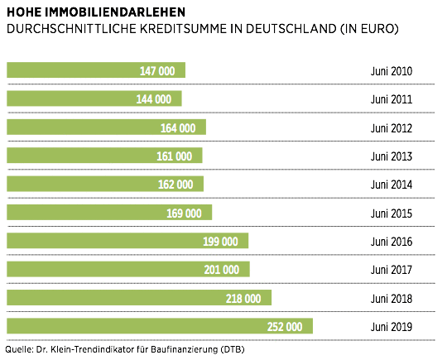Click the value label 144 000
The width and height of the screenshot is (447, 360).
154,99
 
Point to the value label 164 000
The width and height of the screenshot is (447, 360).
178,127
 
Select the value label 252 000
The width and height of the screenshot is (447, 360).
285,326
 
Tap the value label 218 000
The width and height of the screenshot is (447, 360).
243,298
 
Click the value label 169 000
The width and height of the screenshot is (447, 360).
184,213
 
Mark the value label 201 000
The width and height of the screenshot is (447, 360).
221,270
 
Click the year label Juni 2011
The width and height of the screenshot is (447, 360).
391,99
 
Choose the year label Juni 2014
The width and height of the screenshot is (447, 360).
391,185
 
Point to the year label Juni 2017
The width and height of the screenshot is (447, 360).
391,270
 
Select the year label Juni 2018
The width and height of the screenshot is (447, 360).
391,298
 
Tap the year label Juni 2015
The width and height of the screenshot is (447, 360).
391,213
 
